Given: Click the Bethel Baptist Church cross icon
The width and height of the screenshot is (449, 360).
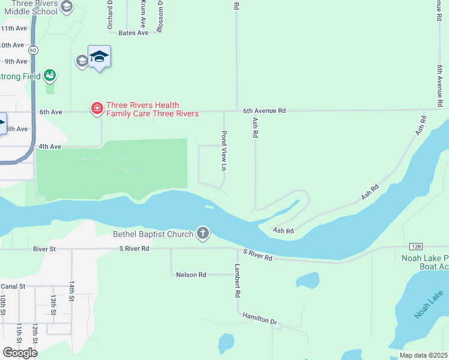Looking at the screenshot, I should [203, 233].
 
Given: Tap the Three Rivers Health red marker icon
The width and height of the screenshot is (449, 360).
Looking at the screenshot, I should [96, 109].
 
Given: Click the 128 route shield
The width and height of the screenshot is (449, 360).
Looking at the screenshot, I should [416, 247].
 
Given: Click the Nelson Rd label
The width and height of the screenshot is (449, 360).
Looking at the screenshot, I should [191, 275].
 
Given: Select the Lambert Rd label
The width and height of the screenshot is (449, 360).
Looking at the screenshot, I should [237, 281].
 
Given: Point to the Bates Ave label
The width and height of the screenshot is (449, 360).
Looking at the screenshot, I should [133, 33].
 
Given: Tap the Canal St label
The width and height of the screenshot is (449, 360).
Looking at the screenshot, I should [13, 286].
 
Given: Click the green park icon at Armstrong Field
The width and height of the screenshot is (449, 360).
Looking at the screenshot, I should [50, 76].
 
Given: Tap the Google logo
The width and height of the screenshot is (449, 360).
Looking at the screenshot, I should [20, 352].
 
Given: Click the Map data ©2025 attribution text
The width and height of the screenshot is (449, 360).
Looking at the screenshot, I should [424, 355].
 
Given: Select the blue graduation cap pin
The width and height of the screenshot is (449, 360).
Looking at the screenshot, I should [99, 57].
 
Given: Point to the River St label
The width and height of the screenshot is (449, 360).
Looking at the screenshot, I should [44, 248].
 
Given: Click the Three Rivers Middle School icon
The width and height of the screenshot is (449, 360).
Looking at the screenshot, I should [67, 7].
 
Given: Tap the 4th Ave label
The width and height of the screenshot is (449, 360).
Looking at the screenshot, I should [50, 146].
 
